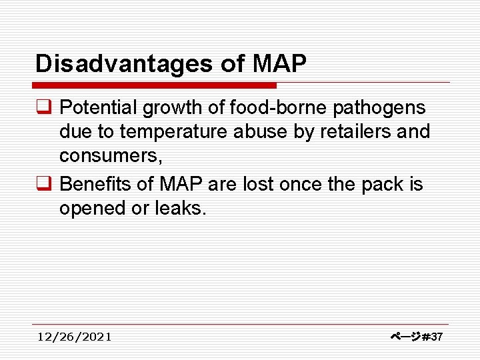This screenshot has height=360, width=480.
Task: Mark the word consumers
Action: [111, 157]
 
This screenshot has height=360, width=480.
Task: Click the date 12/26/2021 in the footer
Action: [75, 337]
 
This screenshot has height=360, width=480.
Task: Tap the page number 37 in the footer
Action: [437, 337]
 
